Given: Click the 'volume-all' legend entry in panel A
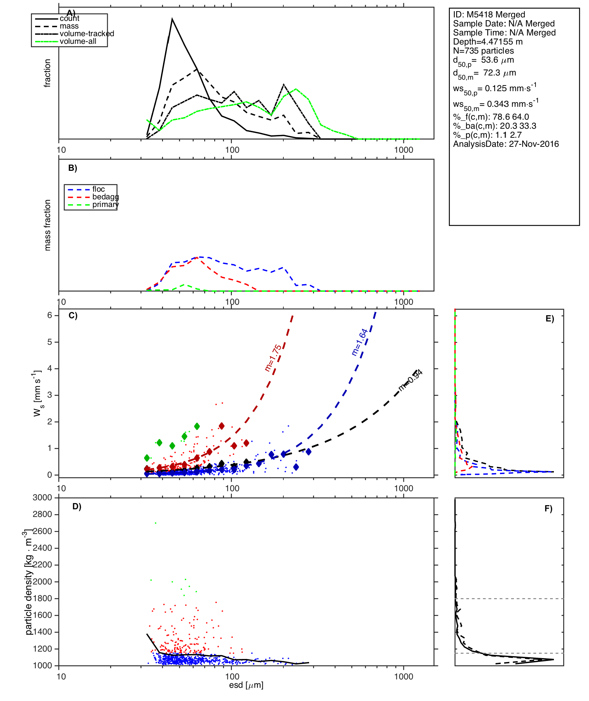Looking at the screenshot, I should pos(78,41).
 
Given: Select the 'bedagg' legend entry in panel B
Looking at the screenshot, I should pos(105,197).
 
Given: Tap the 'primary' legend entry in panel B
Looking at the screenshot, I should pos(105,205).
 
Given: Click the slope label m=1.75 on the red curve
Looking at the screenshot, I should pos(273,358).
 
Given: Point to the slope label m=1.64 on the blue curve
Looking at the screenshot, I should pos(360,342).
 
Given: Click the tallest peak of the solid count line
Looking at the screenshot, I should pos(172,19).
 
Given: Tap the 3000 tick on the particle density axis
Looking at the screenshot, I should pos(42,497).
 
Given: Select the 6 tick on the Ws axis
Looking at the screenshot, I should pos(50,315).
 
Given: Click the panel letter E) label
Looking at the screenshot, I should pos(550,319).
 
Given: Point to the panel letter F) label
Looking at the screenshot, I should pos(548,509).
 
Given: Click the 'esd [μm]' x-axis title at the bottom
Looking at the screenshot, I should pos(246,685).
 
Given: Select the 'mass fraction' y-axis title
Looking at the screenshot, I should pos(48,225).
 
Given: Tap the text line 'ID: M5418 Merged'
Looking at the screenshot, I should pos(489,15).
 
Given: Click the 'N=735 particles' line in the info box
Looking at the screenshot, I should pos(483,51).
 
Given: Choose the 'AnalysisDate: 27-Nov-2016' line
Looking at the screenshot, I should pos(506,144).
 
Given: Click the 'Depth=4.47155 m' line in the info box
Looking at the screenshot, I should pos(488,42).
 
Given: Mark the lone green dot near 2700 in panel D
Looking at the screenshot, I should pos(155,523).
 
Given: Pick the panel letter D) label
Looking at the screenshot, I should pos(77,507).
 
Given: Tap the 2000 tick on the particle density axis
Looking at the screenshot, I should pos(42,582).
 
